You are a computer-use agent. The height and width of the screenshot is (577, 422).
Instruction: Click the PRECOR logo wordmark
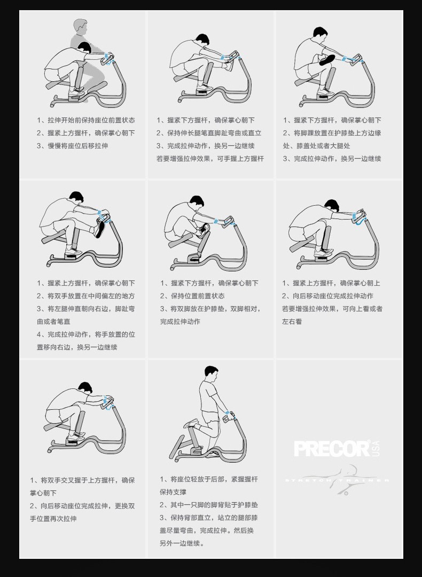click(x=331, y=448)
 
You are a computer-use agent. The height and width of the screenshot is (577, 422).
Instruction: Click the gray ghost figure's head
click(x=80, y=25)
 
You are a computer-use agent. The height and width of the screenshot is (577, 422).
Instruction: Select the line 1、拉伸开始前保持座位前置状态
click(x=85, y=120)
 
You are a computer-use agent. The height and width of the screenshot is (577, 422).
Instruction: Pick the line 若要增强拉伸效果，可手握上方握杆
click(x=210, y=159)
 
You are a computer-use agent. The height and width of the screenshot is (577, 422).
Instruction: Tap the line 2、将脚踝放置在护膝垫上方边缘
click(x=332, y=133)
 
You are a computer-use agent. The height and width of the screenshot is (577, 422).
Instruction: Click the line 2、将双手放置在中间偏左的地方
click(x=85, y=296)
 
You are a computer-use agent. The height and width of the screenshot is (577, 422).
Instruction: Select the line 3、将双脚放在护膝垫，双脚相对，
click(x=210, y=309)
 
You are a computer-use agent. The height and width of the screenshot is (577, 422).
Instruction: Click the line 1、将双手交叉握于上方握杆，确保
click(x=82, y=480)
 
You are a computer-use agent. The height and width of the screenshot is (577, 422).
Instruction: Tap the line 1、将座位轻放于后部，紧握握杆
click(x=208, y=479)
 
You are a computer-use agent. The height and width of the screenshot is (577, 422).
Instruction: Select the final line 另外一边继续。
click(x=182, y=543)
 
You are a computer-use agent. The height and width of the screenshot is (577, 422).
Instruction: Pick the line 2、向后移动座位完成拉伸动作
click(x=327, y=296)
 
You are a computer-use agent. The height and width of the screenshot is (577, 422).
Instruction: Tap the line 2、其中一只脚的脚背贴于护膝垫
click(x=208, y=505)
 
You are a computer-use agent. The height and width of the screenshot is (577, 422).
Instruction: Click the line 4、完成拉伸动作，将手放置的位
click(x=85, y=334)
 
